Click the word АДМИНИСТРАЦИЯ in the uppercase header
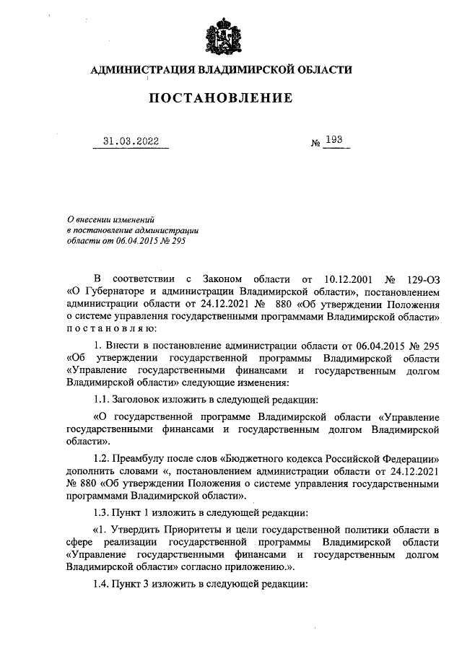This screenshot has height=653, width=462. pyautogui.click(x=139, y=70)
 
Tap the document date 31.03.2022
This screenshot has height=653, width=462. pyautogui.click(x=131, y=141)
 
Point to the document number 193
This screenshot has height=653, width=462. pyautogui.click(x=334, y=140)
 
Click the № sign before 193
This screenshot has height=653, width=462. pyautogui.click(x=315, y=143)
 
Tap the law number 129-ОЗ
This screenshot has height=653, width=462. pyautogui.click(x=422, y=278)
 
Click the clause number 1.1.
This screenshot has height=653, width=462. pyautogui.click(x=104, y=396)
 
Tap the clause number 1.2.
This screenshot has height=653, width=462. pyautogui.click(x=104, y=458)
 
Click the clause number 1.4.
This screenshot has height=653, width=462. pyautogui.click(x=104, y=584)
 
